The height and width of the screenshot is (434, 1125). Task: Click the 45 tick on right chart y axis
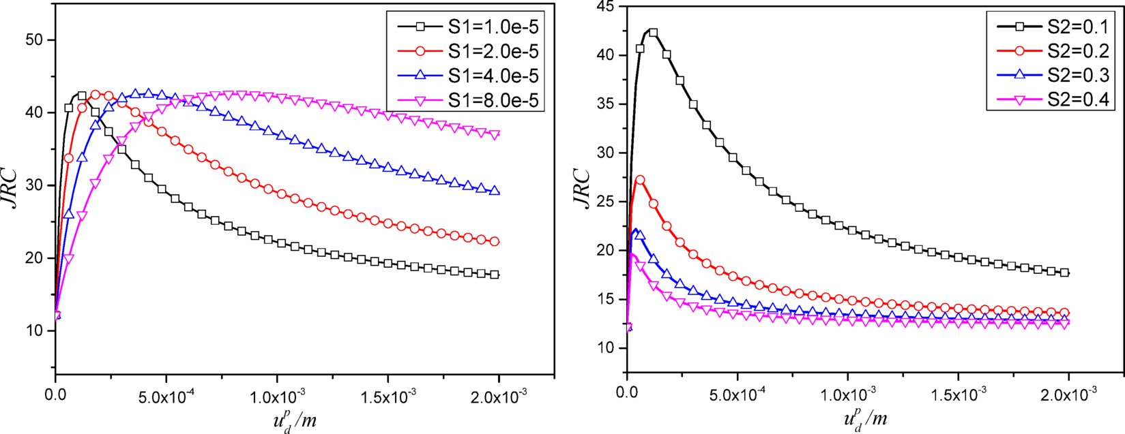[x=605, y=6]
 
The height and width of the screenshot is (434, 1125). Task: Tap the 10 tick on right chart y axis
[x=605, y=348]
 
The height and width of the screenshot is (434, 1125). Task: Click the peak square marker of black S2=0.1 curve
[x=653, y=33]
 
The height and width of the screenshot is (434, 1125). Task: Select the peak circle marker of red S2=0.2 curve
[x=640, y=180]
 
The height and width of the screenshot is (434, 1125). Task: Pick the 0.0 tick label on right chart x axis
[x=626, y=394]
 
